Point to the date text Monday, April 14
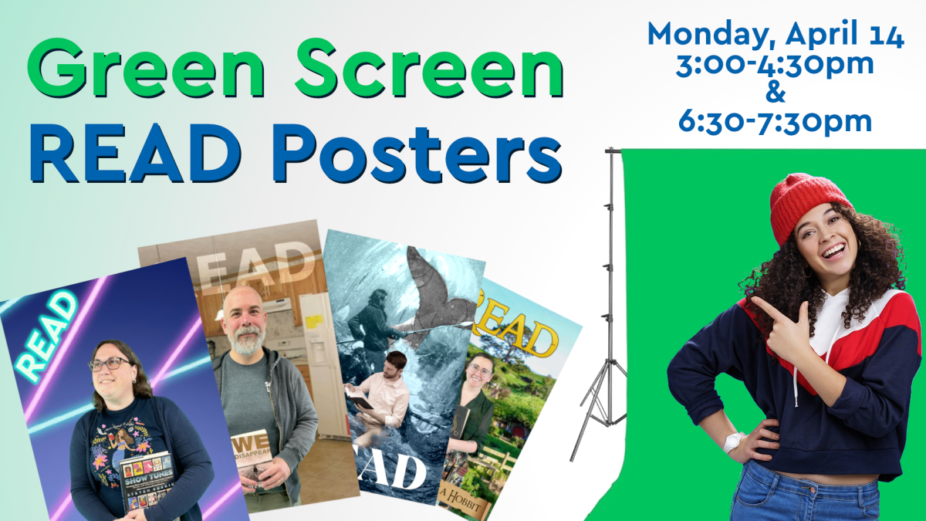tap(776, 35)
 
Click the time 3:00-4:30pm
tap(776, 64)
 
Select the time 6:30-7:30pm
tap(776, 121)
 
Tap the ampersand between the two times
tap(776, 93)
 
